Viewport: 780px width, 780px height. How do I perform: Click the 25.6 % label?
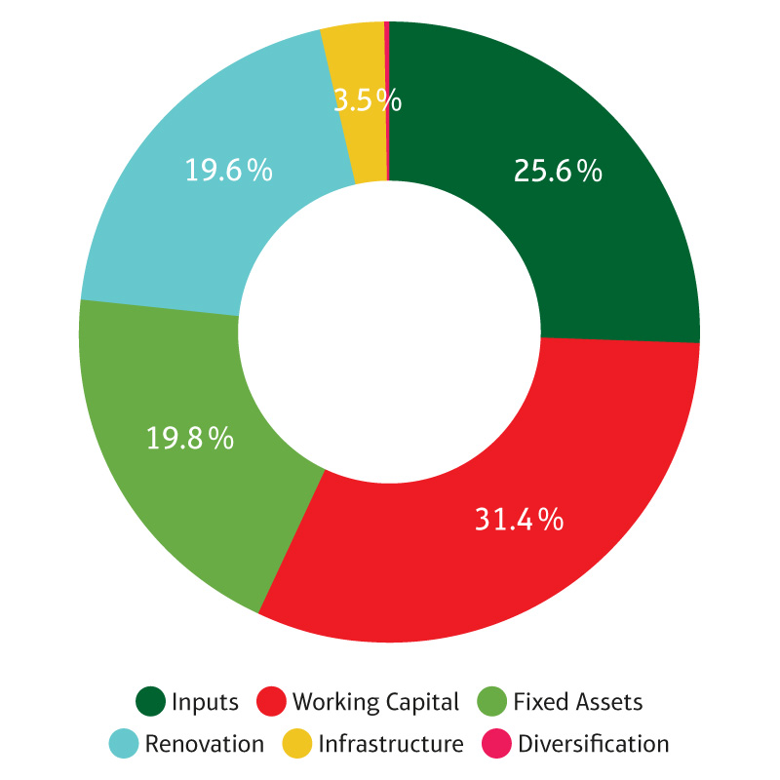tap(557, 172)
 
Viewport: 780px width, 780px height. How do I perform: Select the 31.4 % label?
tap(519, 520)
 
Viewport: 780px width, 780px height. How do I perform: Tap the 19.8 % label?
tap(190, 438)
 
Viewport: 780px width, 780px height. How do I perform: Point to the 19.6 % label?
tap(228, 170)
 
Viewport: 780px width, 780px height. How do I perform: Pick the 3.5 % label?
tap(367, 100)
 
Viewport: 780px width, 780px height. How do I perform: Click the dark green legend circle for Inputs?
tap(149, 701)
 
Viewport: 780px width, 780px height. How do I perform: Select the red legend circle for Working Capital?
tap(270, 701)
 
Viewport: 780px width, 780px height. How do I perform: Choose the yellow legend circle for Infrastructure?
tap(296, 744)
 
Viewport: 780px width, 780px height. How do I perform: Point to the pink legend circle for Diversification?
tap(496, 744)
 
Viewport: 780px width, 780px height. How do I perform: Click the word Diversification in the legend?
tap(594, 744)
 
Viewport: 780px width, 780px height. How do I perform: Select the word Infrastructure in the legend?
tap(391, 744)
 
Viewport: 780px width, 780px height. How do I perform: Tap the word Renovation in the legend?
tap(205, 744)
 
